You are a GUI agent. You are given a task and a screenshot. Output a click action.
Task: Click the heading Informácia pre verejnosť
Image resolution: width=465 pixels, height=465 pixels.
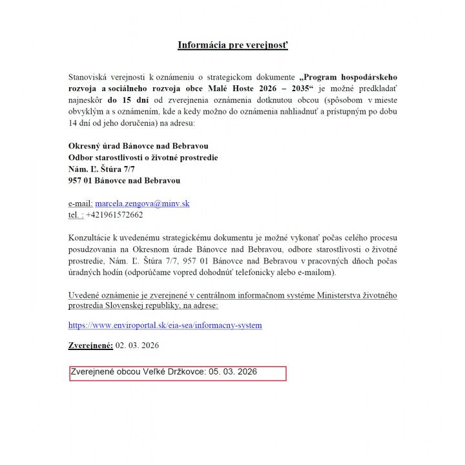point(232,45)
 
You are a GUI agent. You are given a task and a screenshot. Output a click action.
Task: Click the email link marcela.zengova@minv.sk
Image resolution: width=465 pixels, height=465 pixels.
point(142,203)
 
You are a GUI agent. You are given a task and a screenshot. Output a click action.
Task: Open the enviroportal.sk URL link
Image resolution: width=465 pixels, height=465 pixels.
point(165,325)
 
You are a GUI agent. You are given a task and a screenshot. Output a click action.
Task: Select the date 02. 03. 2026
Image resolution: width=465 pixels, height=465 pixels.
point(137,346)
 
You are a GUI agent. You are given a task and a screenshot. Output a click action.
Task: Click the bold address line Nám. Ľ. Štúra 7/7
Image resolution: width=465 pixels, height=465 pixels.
point(101,169)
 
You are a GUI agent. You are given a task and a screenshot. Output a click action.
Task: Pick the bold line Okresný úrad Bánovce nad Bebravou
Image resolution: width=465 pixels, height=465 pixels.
point(138,146)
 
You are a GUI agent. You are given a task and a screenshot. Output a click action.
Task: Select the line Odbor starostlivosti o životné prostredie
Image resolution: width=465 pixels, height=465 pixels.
point(143,158)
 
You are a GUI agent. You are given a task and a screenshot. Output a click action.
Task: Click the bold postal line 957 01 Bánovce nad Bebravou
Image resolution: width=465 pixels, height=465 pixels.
point(124,181)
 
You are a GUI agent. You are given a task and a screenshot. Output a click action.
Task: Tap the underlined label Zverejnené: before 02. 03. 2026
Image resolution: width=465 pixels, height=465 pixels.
point(91,346)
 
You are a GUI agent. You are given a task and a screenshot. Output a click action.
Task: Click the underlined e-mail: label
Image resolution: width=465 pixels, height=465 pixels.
point(81,203)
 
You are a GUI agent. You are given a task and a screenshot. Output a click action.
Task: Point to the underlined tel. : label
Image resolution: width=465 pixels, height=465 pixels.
point(76,215)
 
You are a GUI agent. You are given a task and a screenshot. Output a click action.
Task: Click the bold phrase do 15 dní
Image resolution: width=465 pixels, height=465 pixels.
point(129,101)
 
